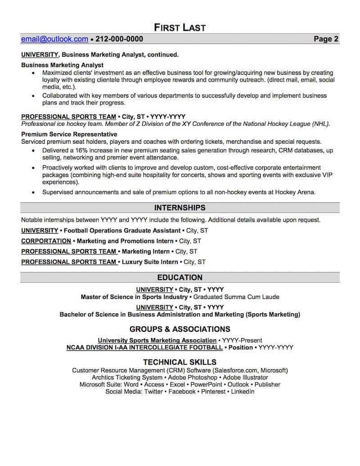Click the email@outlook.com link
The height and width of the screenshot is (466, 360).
[54, 39]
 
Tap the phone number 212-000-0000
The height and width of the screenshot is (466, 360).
[119, 39]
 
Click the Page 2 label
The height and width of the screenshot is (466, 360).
[326, 39]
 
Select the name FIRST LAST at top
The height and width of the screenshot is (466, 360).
[180, 27]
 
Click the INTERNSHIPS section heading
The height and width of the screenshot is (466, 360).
[180, 208]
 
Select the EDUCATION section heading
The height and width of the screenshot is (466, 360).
[180, 277]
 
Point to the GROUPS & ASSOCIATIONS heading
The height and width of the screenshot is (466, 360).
[180, 329]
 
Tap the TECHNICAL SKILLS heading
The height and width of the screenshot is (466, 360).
[180, 362]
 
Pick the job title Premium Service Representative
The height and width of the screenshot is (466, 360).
[69, 134]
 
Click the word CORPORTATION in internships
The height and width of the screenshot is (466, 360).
[46, 241]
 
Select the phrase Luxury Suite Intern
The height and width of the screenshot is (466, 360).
[150, 262]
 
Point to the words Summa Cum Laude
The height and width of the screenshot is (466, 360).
[255, 297]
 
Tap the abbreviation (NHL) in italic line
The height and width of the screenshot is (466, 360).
[320, 124]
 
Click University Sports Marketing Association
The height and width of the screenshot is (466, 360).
[157, 340]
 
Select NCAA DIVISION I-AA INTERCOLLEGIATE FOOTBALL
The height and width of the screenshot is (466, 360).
[144, 348]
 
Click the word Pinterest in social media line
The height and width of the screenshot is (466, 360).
[214, 392]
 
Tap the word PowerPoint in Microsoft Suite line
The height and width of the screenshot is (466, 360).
[206, 385]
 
